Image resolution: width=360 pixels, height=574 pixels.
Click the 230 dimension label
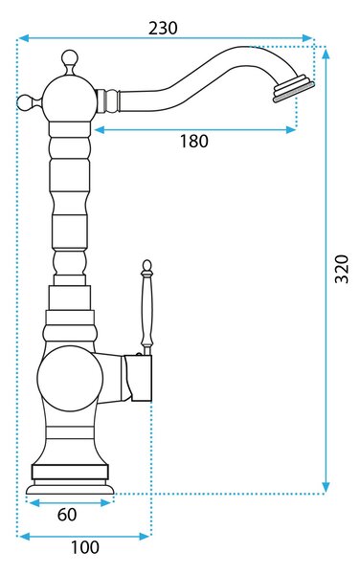tap(163, 28)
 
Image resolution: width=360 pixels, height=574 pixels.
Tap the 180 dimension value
tap(193, 141)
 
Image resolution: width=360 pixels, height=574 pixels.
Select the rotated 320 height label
tap(342, 269)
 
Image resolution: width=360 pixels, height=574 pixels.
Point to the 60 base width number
tap(67, 515)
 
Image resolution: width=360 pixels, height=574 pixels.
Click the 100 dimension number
tap(84, 547)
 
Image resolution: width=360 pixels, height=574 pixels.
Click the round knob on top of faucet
tap(70, 58)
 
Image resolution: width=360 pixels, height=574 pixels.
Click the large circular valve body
tap(70, 379)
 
